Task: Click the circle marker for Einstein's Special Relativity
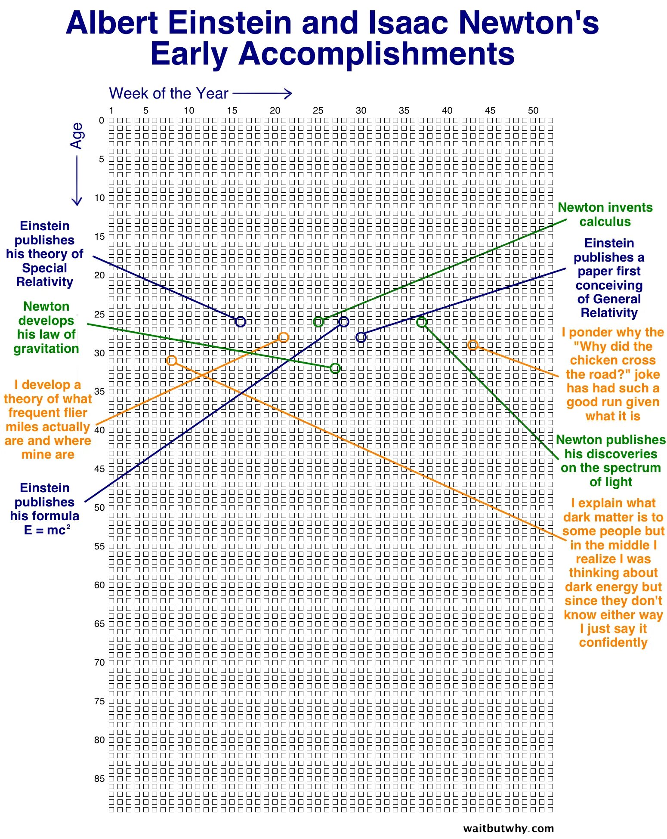pos(241,321)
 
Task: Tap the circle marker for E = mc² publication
pos(343,321)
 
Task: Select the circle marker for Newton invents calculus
pos(318,321)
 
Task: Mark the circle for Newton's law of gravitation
pos(335,368)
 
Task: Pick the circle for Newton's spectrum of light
pos(422,322)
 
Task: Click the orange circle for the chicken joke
pos(472,345)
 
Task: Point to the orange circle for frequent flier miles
pos(283,337)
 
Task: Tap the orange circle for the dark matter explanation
pos(171,360)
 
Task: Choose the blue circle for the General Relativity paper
pos(361,337)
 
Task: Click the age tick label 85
pos(99,778)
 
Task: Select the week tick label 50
pos(533,111)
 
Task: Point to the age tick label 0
pos(102,120)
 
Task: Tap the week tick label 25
pos(318,111)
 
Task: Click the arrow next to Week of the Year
pos(262,93)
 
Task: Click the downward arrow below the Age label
pos(77,181)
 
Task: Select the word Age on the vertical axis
pos(77,136)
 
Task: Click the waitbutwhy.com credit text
pos(508,828)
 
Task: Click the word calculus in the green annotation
pos(605,222)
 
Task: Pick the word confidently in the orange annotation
pos(613,642)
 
